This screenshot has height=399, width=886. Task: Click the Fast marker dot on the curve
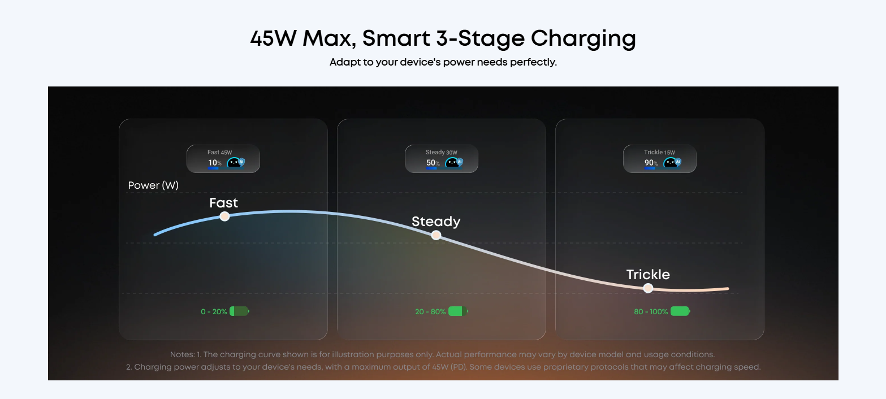click(224, 216)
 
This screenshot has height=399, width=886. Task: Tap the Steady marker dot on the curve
click(436, 235)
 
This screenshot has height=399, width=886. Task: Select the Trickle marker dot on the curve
click(648, 288)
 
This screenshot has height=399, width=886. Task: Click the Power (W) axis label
click(153, 185)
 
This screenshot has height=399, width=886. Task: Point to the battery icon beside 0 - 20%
click(239, 311)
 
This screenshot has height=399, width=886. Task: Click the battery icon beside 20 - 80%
click(457, 311)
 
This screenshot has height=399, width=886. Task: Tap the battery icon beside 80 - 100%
click(680, 311)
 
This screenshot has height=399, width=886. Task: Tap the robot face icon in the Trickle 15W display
click(671, 163)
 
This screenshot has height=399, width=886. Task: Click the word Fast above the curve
click(223, 203)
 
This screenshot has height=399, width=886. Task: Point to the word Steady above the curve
click(436, 222)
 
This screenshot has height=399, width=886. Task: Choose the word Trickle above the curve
click(648, 275)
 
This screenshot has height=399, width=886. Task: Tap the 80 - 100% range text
click(651, 312)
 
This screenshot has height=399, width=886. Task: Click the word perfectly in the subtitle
click(533, 62)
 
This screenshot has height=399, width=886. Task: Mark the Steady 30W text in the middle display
click(441, 153)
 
